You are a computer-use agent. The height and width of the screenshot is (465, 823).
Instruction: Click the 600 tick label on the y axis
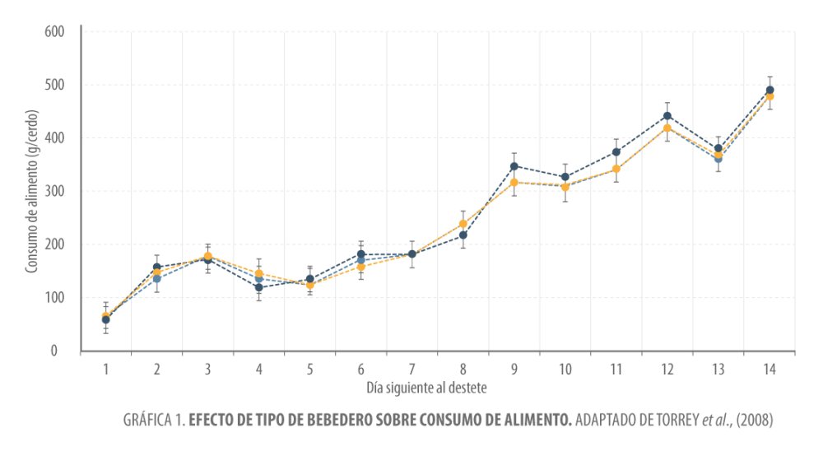pyautogui.click(x=55, y=32)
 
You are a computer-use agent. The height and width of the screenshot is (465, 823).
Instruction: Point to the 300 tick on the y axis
pyautogui.click(x=55, y=192)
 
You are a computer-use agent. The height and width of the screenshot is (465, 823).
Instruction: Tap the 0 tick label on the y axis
pyautogui.click(x=61, y=351)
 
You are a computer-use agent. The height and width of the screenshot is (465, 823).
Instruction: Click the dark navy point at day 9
pyautogui.click(x=514, y=166)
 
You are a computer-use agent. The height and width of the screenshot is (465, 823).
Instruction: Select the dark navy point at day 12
pyautogui.click(x=667, y=116)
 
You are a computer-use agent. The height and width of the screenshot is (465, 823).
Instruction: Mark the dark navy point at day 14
pyautogui.click(x=770, y=91)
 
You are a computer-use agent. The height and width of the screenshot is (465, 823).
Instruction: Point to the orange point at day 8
pyautogui.click(x=463, y=224)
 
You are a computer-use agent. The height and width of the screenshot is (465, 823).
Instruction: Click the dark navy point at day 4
pyautogui.click(x=259, y=287)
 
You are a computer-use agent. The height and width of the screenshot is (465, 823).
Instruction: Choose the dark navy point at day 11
pyautogui.click(x=616, y=152)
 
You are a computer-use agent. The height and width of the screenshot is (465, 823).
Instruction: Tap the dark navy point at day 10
pyautogui.click(x=565, y=177)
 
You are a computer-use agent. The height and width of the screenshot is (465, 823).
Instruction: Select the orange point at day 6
pyautogui.click(x=361, y=267)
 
